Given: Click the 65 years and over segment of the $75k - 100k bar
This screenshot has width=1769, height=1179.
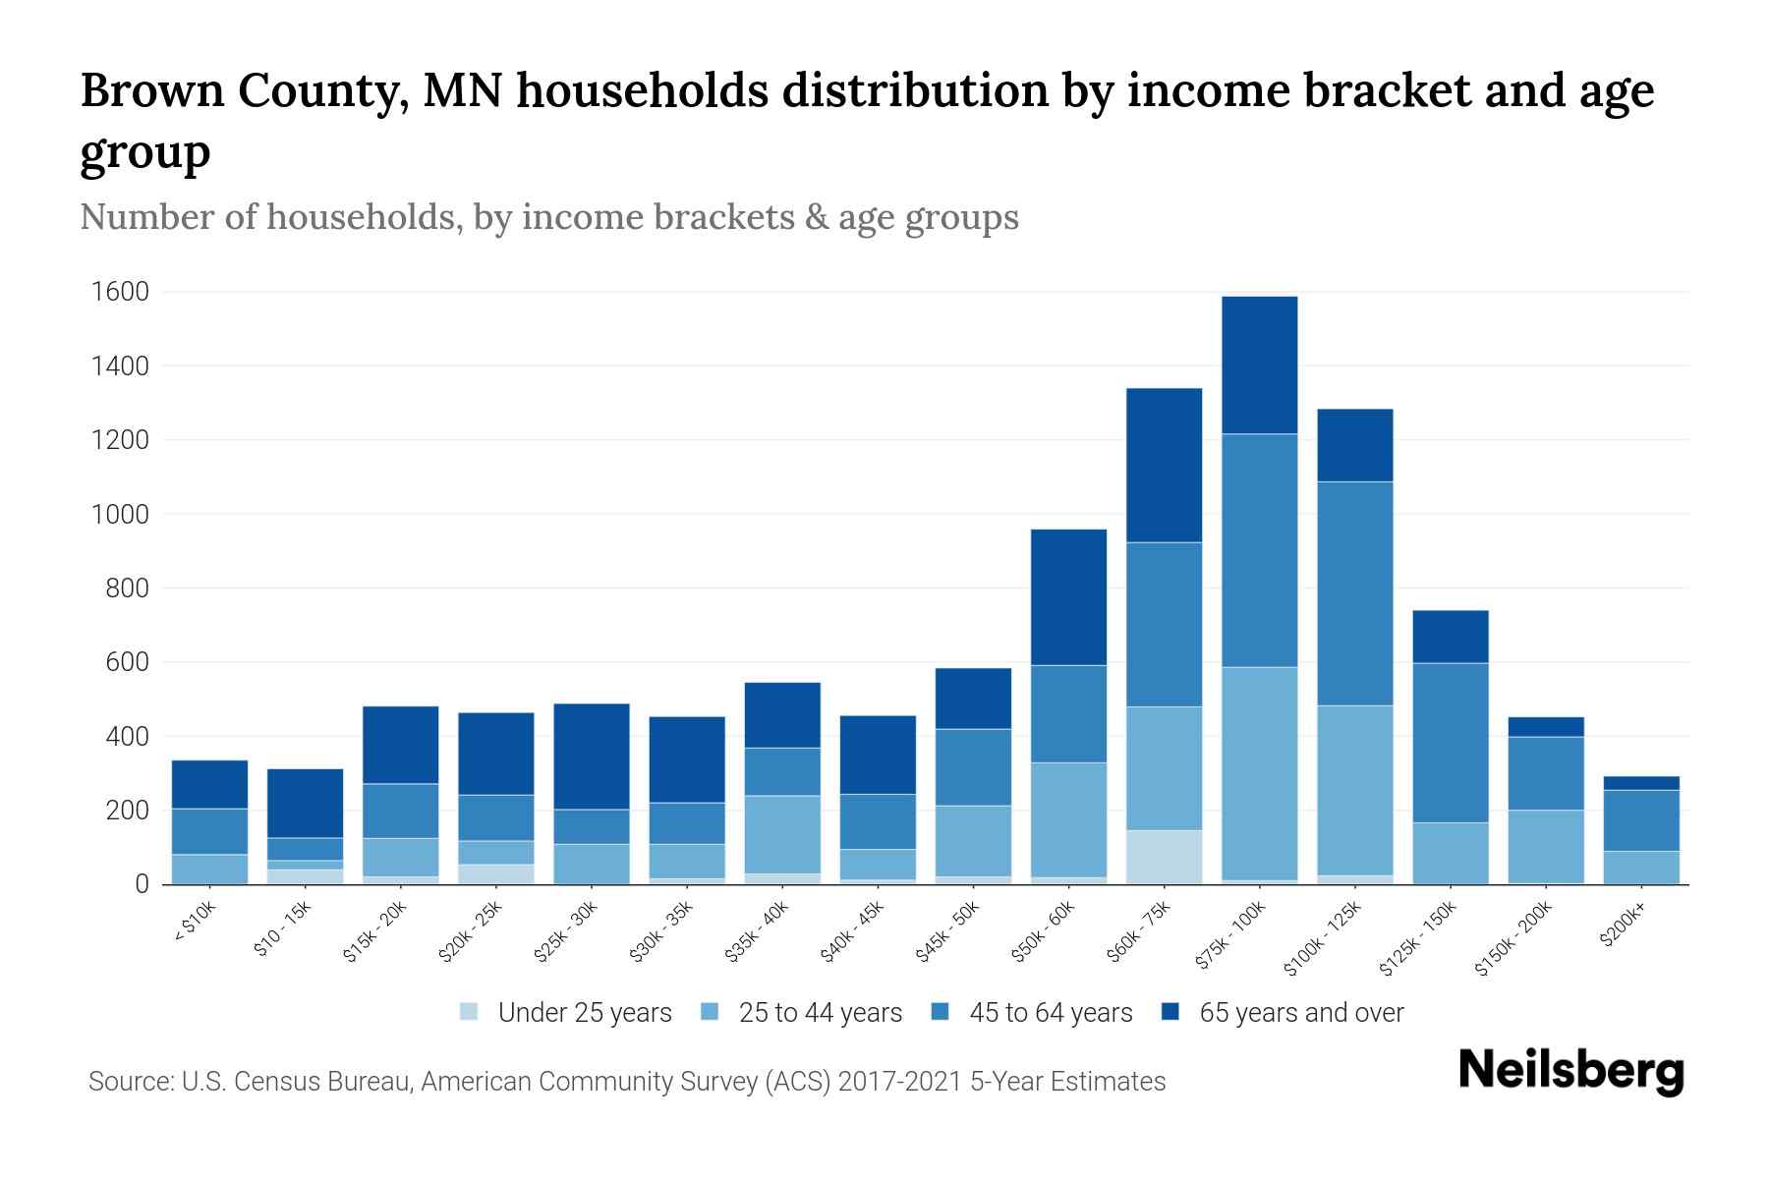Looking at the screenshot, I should pos(1259,365).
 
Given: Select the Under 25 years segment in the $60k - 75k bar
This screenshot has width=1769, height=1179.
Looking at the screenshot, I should pos(1164,857).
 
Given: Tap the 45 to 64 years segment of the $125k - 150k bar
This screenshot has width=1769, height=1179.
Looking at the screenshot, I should pos(1450,743).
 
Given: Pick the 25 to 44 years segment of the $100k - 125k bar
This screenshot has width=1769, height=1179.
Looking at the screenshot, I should pos(1354,790).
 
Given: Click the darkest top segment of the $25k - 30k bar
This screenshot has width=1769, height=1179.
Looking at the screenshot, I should pos(592,757).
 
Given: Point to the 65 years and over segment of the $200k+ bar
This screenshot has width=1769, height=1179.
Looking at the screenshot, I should pos(1641,783).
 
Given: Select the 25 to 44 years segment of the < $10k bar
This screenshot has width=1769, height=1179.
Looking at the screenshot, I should pos(209,869).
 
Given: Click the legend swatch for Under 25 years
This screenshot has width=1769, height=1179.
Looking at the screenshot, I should pos(470,1012).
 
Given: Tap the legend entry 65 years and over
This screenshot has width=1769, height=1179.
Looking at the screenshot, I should pos(1300,1012).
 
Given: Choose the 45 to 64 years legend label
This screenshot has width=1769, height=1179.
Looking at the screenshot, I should pos(1050,1012).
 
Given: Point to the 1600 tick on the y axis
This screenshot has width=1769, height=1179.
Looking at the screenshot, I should pos(120,292).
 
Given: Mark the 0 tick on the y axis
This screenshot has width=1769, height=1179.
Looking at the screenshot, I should pos(142,884).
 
